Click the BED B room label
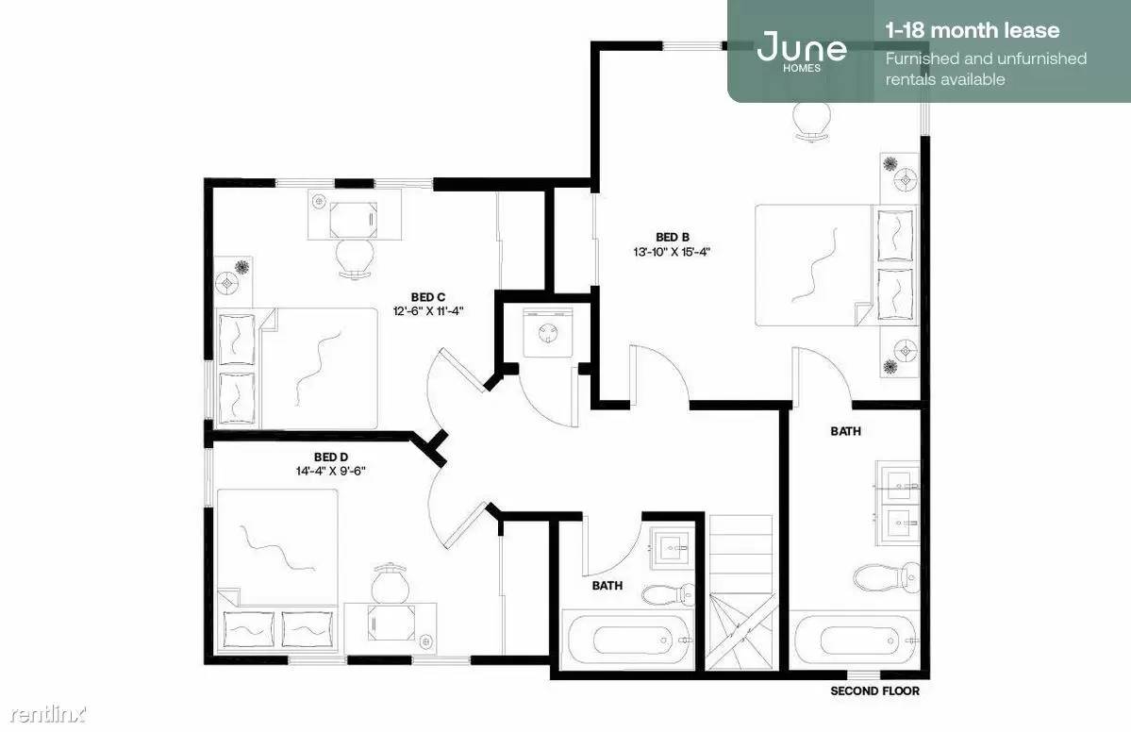pos(673,237)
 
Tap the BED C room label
pos(427,296)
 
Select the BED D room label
pos(331,457)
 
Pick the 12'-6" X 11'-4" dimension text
pos(427,311)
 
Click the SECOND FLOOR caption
pos(875,690)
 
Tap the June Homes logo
pos(802,50)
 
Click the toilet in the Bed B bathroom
pos(887,577)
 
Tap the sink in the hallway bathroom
pos(673,548)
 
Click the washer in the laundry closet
pos(547,332)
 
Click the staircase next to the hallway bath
pos(740,592)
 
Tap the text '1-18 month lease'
pos(973,30)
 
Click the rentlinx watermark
pos(47,715)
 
